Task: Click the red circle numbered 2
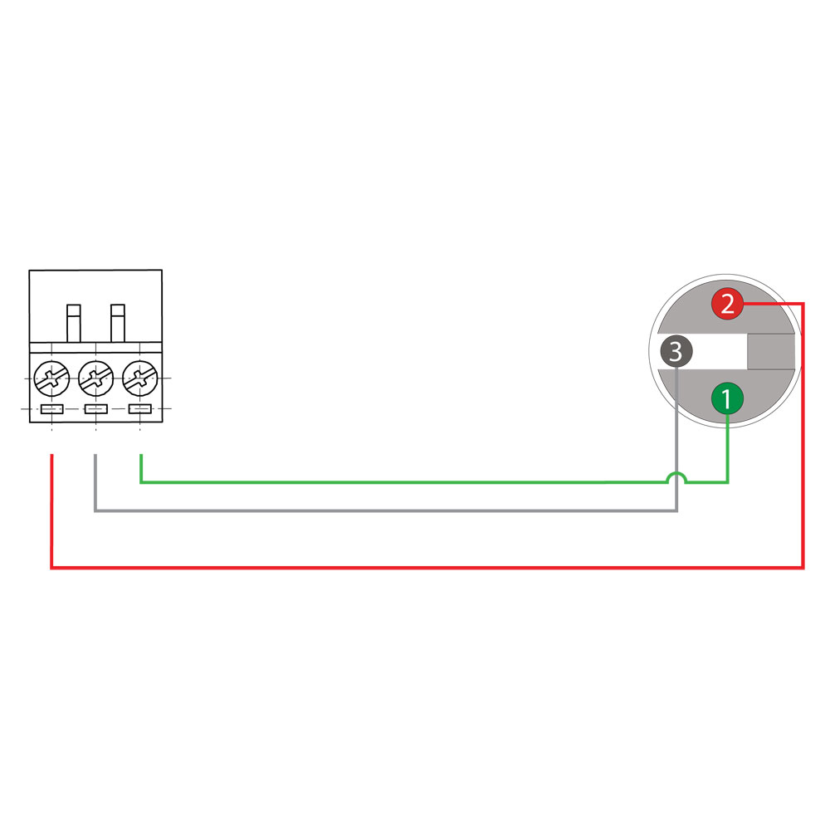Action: pyautogui.click(x=727, y=304)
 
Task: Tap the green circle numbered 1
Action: pyautogui.click(x=727, y=398)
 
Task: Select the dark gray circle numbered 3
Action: pyautogui.click(x=676, y=351)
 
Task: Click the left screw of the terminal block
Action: pyautogui.click(x=51, y=378)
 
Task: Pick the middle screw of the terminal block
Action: pyautogui.click(x=95, y=378)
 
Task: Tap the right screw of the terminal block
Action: pyautogui.click(x=140, y=378)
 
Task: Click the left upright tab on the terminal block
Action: pyautogui.click(x=74, y=324)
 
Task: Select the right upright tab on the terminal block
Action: pyautogui.click(x=118, y=324)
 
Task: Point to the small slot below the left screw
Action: pyautogui.click(x=51, y=409)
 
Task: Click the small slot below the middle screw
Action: pyautogui.click(x=95, y=409)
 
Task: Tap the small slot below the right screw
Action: pyautogui.click(x=140, y=409)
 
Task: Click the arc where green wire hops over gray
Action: pyautogui.click(x=676, y=477)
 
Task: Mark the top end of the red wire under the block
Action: pyautogui.click(x=51, y=455)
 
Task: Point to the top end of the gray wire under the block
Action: pyautogui.click(x=95, y=455)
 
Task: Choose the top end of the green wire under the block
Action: pyautogui.click(x=141, y=455)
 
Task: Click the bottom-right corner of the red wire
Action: pyautogui.click(x=803, y=568)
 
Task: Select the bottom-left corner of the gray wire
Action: pyautogui.click(x=95, y=510)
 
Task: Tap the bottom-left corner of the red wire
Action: pyautogui.click(x=51, y=568)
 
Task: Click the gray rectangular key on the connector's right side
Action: pyautogui.click(x=771, y=351)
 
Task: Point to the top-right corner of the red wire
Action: pyautogui.click(x=803, y=304)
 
